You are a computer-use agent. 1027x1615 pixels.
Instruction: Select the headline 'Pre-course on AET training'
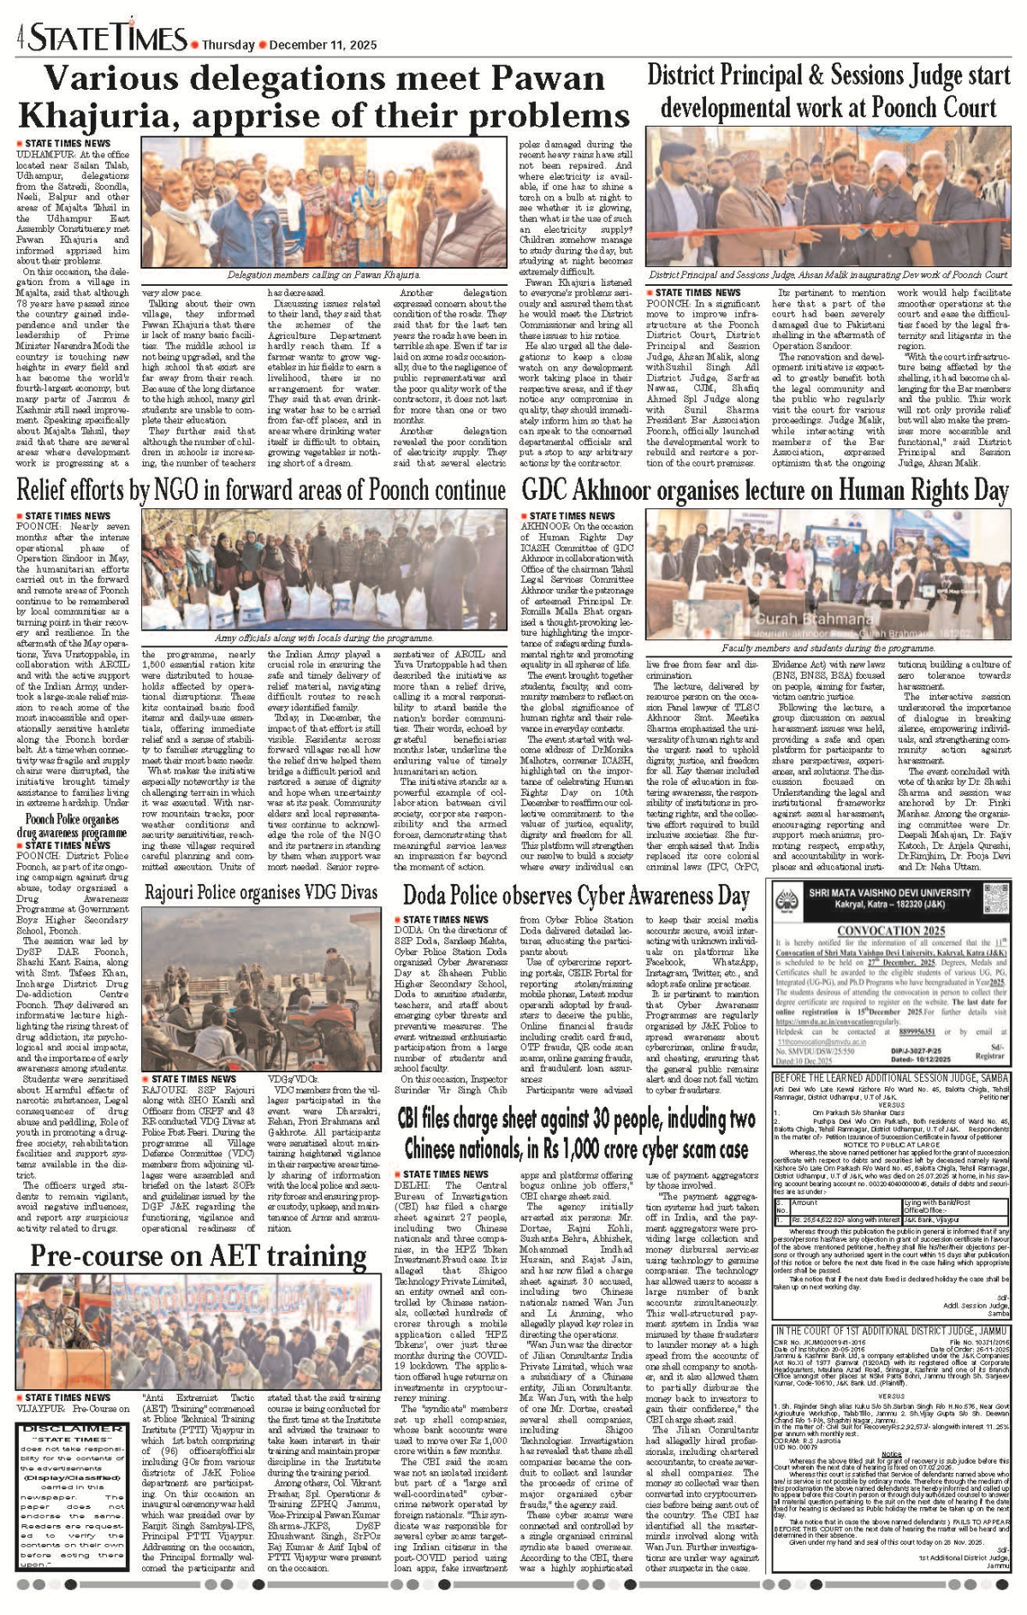coord(199,1256)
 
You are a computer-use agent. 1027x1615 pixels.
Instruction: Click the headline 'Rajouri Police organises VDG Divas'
coord(261,893)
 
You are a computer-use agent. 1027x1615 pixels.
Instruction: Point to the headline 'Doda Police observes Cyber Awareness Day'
coord(576,895)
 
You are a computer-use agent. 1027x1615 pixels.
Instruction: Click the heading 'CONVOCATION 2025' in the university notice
coord(891,930)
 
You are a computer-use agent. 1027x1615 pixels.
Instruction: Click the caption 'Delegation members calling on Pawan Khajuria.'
coord(324,275)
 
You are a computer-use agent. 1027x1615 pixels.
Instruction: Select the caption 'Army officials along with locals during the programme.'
coord(324,638)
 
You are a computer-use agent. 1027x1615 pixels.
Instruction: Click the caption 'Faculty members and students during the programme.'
coord(828,649)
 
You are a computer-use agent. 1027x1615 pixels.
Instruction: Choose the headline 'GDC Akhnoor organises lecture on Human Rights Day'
coord(765,490)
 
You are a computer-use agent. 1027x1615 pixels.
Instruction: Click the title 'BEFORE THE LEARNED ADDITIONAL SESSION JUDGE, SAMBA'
coord(891,1077)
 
